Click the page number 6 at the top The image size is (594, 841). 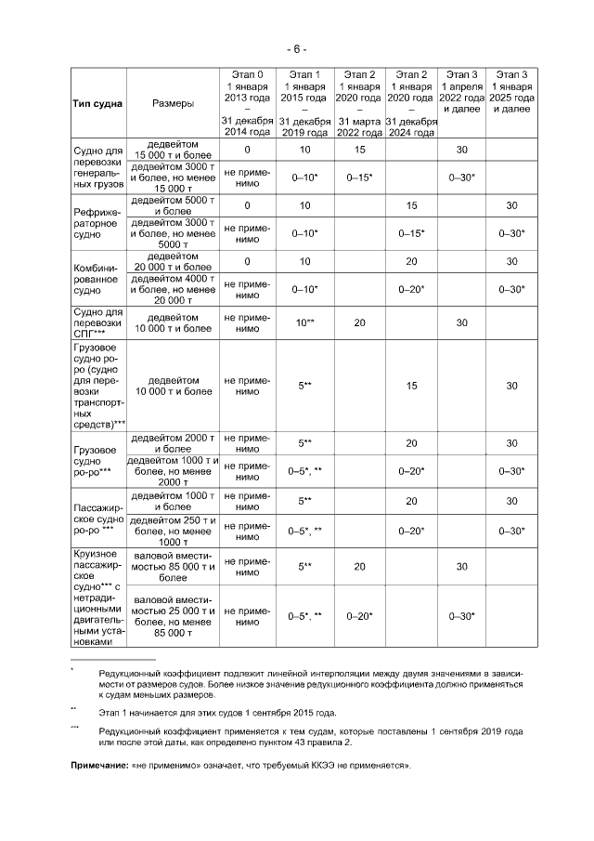pyautogui.click(x=296, y=48)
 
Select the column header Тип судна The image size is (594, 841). pyautogui.click(x=97, y=104)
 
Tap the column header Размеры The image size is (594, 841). pyautogui.click(x=174, y=104)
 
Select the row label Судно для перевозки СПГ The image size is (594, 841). pyautogui.click(x=97, y=322)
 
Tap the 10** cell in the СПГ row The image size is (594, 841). pyautogui.click(x=305, y=322)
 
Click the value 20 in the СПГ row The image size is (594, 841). pyautogui.click(x=359, y=322)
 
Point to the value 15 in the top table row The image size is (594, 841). pyautogui.click(x=359, y=149)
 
